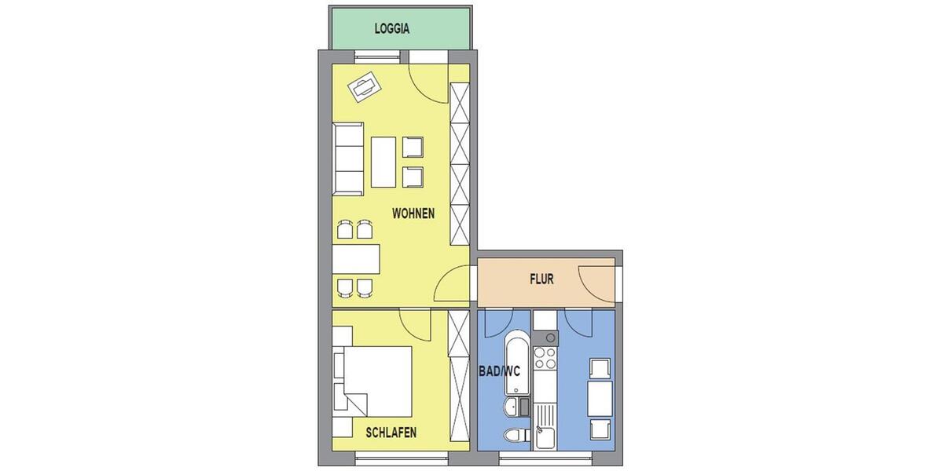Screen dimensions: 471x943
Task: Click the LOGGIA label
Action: (391, 29)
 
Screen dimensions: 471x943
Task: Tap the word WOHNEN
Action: (413, 214)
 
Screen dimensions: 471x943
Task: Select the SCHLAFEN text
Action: (391, 433)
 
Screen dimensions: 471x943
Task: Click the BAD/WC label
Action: (499, 371)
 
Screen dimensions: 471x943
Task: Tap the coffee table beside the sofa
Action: (383, 162)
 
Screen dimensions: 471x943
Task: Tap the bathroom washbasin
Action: (511, 407)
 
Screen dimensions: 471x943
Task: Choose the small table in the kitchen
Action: (600, 398)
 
